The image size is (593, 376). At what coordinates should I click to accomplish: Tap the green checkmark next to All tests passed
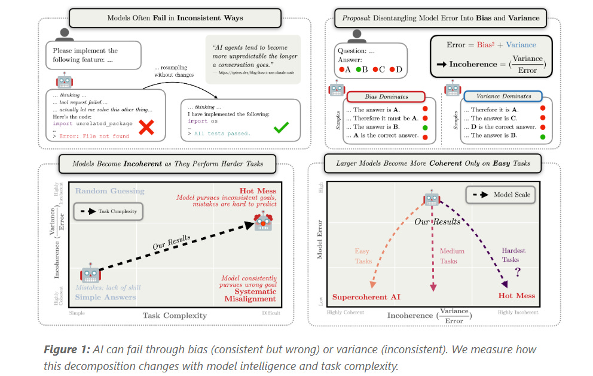click(280, 127)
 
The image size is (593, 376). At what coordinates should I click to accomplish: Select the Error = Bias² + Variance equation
click(491, 45)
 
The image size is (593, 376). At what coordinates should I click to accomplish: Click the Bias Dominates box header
click(386, 96)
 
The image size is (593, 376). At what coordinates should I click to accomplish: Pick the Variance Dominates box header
click(504, 96)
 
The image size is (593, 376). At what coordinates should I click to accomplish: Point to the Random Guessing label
click(109, 191)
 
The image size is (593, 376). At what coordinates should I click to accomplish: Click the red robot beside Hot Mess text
click(264, 220)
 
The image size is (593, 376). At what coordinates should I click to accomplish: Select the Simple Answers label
click(105, 298)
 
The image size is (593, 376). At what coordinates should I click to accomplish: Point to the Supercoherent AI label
click(366, 296)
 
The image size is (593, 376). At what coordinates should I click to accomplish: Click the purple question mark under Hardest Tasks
click(518, 270)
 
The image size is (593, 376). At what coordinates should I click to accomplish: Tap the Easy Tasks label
click(363, 256)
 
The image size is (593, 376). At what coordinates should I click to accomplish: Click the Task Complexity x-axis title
click(175, 316)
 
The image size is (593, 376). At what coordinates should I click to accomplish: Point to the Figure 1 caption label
click(71, 349)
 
